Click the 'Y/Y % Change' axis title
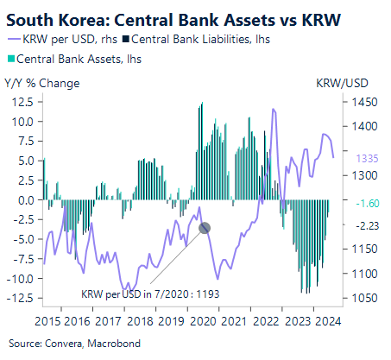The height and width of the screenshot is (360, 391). coord(42,84)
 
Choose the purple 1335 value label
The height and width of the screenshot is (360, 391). coord(356,158)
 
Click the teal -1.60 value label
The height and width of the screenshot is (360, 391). coord(356,204)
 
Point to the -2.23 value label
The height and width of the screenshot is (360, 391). coord(356,225)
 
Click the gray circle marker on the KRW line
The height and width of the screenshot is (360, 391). coord(205,228)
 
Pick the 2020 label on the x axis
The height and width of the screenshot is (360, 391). coord(201,319)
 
